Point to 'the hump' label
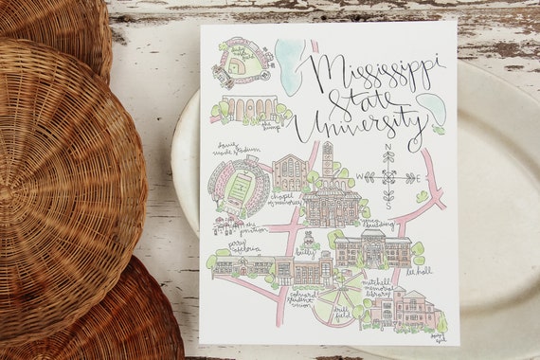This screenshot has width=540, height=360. (x=273, y=123)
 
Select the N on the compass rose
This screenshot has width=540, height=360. (x=388, y=155)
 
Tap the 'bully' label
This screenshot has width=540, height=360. (x=305, y=252)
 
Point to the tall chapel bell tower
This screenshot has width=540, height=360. (x=327, y=161)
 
